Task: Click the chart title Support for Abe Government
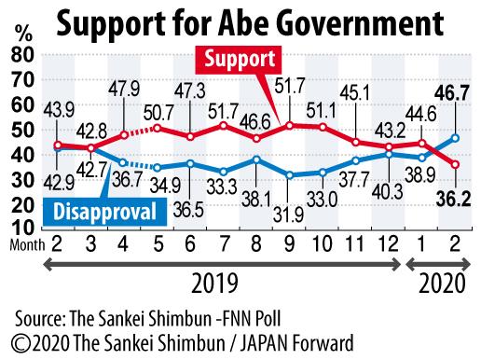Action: click(x=240, y=21)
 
